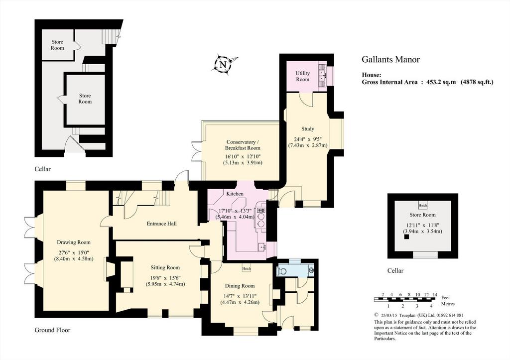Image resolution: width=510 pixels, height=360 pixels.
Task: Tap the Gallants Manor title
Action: point(390,60)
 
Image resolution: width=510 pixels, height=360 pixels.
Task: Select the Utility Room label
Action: point(302,76)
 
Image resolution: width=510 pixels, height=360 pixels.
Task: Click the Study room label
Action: point(308,129)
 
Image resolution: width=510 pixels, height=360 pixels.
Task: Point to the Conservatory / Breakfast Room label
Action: point(243,145)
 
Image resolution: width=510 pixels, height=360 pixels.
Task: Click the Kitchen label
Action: point(235,194)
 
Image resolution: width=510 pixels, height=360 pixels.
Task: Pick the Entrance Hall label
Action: point(162,224)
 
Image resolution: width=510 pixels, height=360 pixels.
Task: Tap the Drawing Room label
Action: point(74,242)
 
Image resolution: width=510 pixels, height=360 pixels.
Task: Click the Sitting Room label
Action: point(165,268)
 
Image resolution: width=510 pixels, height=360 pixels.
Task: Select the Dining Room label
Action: point(240,286)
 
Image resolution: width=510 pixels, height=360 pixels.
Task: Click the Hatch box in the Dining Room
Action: point(246,268)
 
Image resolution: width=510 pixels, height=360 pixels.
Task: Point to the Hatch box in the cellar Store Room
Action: point(423,205)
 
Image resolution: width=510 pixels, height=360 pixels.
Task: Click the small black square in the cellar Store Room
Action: point(406,237)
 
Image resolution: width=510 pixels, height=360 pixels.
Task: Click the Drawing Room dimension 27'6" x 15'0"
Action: point(74,252)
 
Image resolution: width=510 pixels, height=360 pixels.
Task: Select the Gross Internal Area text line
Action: point(428,82)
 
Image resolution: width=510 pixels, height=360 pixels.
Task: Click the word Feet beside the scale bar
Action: point(446,298)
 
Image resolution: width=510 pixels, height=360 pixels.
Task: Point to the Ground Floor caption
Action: point(52,330)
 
